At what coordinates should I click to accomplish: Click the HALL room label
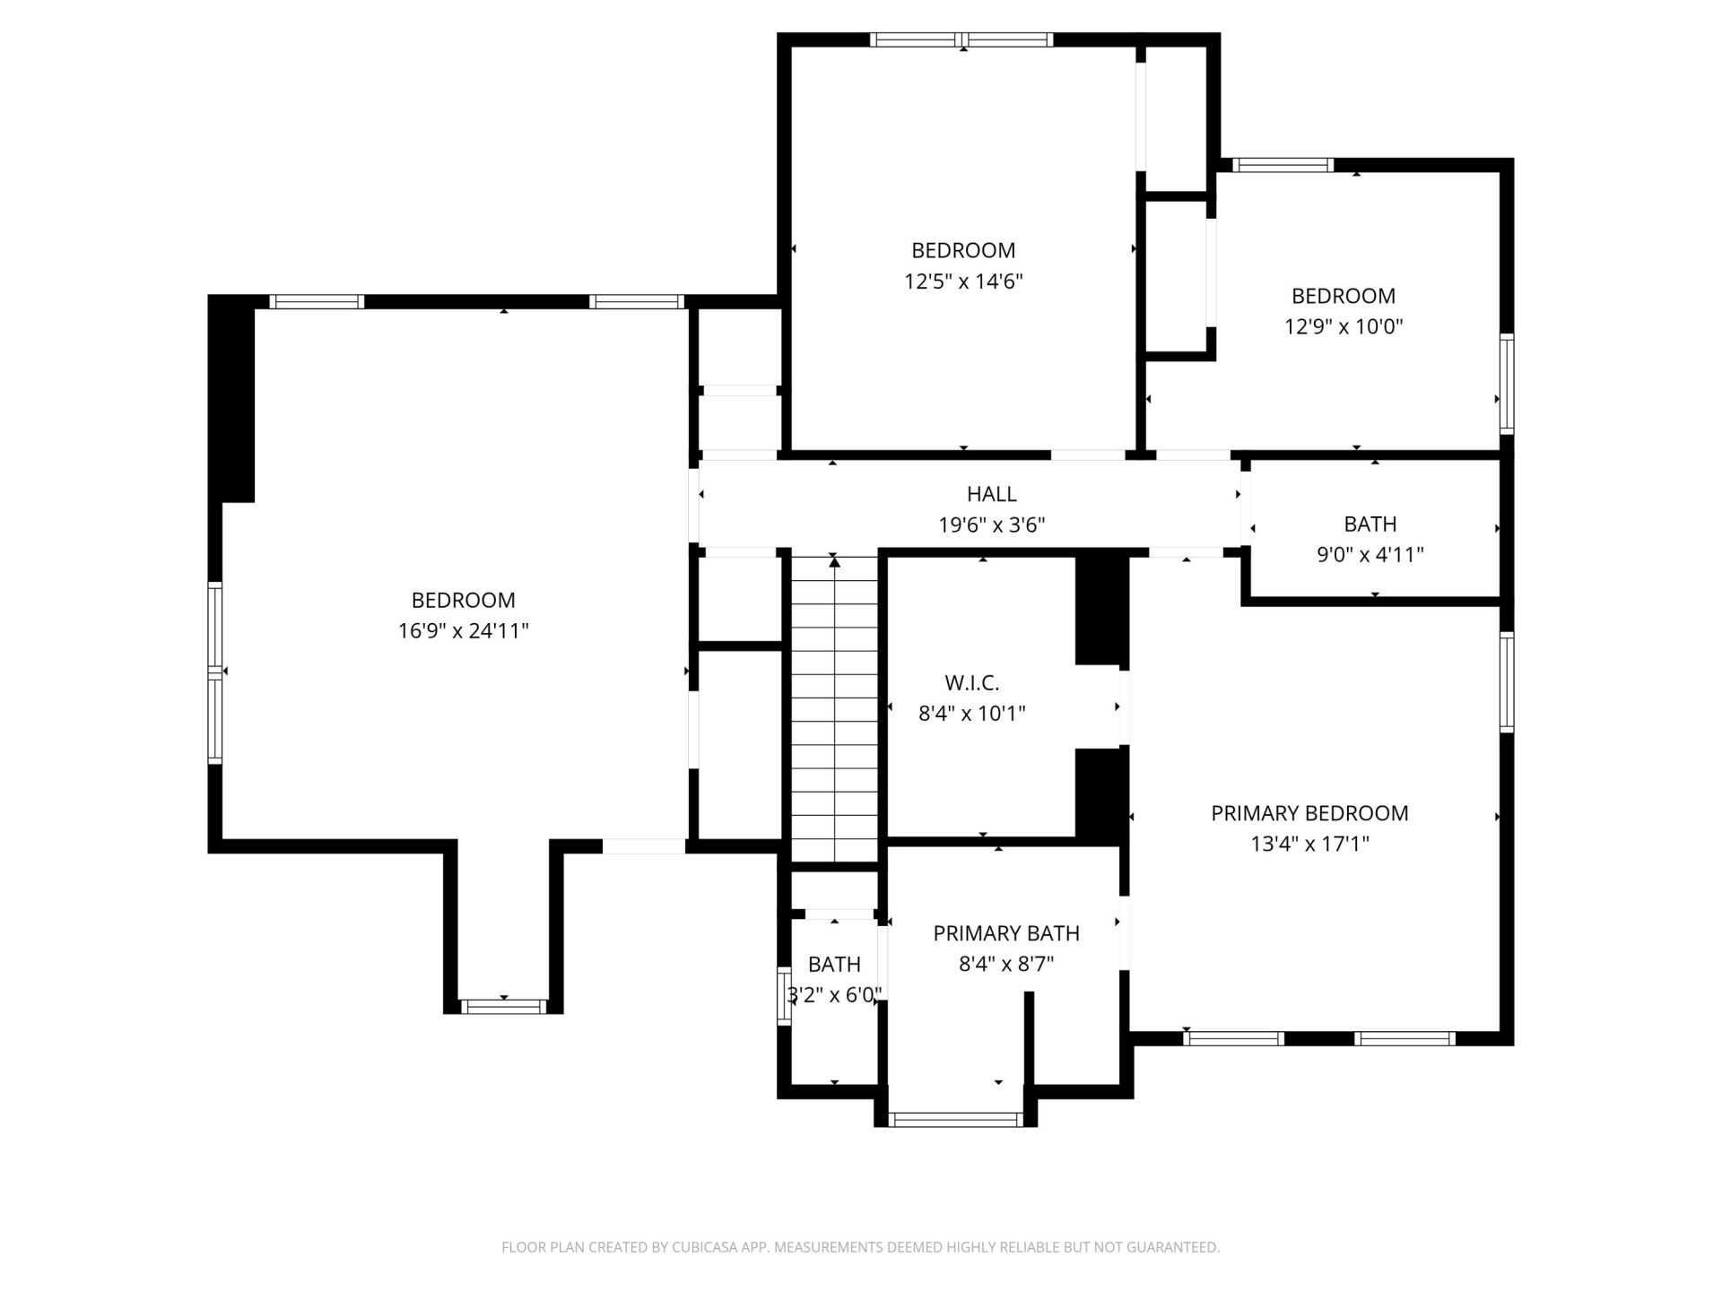(991, 494)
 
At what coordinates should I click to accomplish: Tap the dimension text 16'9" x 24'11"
(463, 631)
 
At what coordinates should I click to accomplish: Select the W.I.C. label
(971, 683)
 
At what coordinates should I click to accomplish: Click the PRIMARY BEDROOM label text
(1309, 813)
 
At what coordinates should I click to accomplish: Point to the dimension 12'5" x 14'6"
(963, 282)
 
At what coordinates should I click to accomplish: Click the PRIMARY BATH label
(1005, 933)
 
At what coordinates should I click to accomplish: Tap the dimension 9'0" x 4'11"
(1370, 555)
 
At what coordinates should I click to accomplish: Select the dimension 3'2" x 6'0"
(834, 994)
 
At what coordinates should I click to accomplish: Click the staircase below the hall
(834, 708)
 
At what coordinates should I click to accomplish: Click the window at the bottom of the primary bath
(955, 1119)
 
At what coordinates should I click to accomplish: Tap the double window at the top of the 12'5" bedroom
(961, 39)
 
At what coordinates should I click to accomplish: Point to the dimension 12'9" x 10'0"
(1343, 326)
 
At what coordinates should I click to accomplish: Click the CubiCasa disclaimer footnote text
(860, 1247)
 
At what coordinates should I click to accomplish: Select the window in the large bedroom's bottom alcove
(503, 1006)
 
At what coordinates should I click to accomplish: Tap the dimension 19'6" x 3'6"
(991, 524)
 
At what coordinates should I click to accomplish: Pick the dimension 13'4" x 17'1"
(1309, 844)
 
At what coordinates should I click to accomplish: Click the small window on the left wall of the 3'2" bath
(783, 996)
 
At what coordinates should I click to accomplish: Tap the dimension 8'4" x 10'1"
(971, 714)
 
